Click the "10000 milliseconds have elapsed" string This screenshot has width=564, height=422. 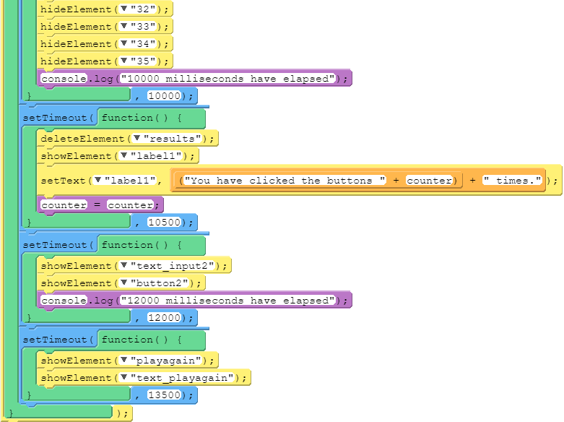[230, 79]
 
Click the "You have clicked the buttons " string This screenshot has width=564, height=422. [287, 181]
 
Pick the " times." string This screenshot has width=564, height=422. [513, 181]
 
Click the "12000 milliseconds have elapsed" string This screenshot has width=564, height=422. [230, 301]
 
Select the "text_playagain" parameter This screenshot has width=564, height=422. [184, 378]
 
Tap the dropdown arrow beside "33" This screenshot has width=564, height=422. [124, 27]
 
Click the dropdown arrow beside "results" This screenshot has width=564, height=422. [136, 139]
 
